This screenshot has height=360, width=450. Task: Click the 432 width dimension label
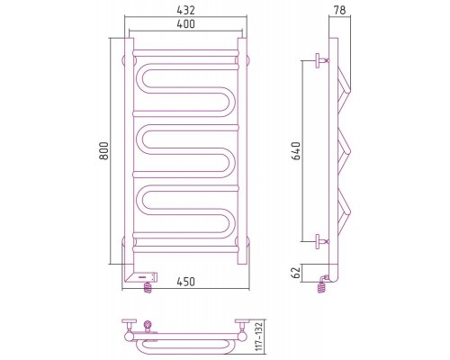click(x=185, y=10)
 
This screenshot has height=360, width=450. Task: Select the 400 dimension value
click(x=185, y=23)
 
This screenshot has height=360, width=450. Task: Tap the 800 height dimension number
click(x=103, y=151)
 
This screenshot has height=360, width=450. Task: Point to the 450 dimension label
click(x=185, y=282)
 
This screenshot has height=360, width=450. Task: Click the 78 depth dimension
click(x=339, y=10)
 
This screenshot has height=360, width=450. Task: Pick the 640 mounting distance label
click(x=296, y=151)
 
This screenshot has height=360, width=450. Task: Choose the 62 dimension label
click(x=296, y=273)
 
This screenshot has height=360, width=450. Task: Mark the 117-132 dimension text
click(x=259, y=337)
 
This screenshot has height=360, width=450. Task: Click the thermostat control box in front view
click(x=141, y=276)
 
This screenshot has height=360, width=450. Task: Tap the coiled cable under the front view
click(x=148, y=288)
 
